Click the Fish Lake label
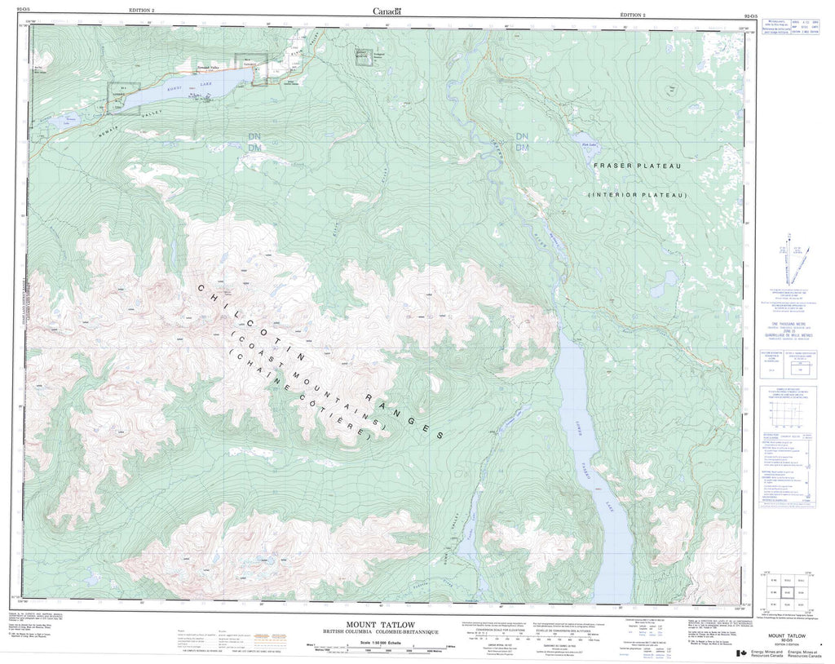click(x=586, y=145)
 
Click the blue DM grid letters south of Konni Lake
click(x=255, y=148)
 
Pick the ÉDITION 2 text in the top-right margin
click(x=632, y=15)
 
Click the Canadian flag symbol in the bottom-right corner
click(x=741, y=653)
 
